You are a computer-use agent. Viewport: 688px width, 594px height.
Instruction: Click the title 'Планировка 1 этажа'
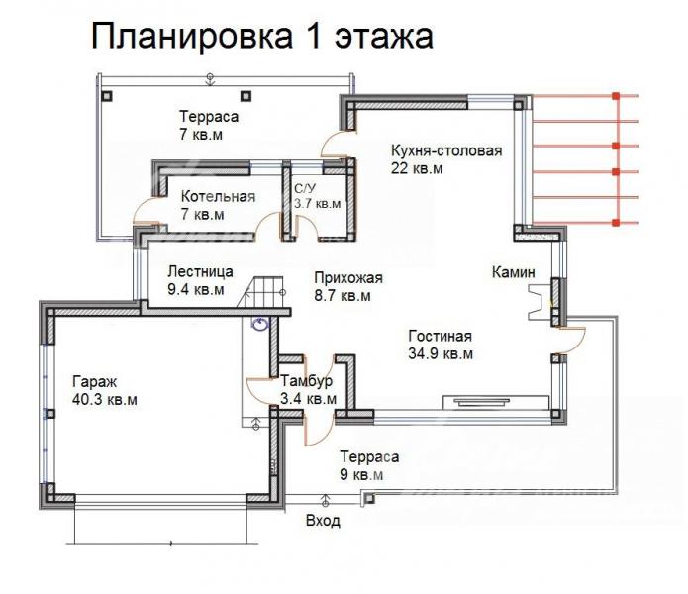(262, 37)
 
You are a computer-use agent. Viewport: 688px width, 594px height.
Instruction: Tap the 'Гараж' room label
(94, 381)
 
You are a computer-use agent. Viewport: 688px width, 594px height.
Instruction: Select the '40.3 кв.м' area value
(104, 400)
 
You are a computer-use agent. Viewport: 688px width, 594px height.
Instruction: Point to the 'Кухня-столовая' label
(446, 150)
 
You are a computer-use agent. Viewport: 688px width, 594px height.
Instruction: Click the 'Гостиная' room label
(440, 335)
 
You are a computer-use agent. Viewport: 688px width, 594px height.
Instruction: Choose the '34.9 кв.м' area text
(440, 353)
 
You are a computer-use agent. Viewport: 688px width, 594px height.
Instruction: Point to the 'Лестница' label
(200, 271)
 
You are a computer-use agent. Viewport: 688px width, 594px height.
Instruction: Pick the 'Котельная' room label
(218, 196)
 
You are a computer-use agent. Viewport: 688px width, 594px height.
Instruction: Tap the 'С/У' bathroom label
(305, 187)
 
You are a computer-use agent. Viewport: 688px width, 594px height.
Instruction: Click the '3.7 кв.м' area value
(317, 204)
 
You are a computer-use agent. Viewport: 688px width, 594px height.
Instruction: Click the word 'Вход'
(323, 520)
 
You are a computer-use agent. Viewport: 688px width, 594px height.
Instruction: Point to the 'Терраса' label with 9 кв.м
(369, 457)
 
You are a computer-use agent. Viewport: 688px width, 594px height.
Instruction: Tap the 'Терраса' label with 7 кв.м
(209, 116)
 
